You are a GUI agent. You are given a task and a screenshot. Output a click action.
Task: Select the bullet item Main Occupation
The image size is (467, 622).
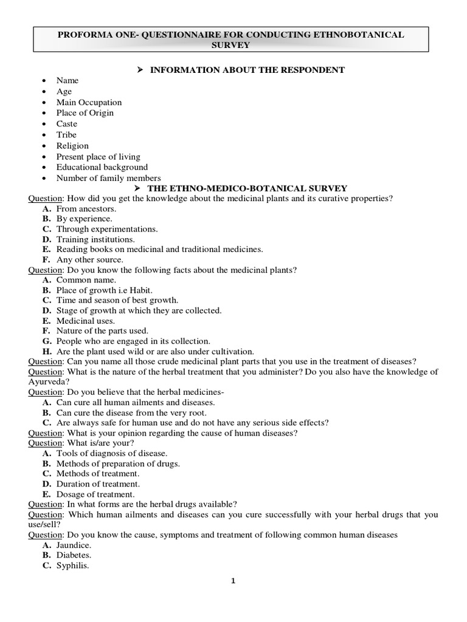point(89,102)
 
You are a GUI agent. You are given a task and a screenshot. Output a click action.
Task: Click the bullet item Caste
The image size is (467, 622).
point(67,124)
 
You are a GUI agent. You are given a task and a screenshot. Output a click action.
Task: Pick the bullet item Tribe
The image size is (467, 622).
point(66,135)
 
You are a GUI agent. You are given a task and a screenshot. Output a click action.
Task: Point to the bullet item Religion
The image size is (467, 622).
point(72,146)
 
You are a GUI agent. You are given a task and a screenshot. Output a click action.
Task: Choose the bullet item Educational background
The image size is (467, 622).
point(102,167)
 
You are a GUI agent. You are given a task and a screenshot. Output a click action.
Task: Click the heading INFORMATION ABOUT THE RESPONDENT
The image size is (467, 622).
point(247,70)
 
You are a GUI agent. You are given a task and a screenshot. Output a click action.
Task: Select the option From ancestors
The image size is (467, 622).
point(86,208)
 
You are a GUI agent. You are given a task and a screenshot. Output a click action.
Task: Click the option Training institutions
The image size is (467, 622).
point(95,239)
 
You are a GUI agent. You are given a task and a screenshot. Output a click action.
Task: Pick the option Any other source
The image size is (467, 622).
point(89,259)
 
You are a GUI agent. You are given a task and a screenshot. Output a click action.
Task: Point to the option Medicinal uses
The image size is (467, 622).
point(86,321)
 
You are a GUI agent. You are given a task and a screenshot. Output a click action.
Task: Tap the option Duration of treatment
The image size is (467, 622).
point(98,484)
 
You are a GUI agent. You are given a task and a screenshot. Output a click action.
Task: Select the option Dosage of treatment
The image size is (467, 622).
point(96,494)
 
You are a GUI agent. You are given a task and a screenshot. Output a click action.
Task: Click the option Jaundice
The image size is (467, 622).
point(75,545)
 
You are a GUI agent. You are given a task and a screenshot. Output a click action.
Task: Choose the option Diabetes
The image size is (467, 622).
point(74,555)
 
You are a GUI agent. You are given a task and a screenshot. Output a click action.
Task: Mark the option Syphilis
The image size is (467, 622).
point(73,566)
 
